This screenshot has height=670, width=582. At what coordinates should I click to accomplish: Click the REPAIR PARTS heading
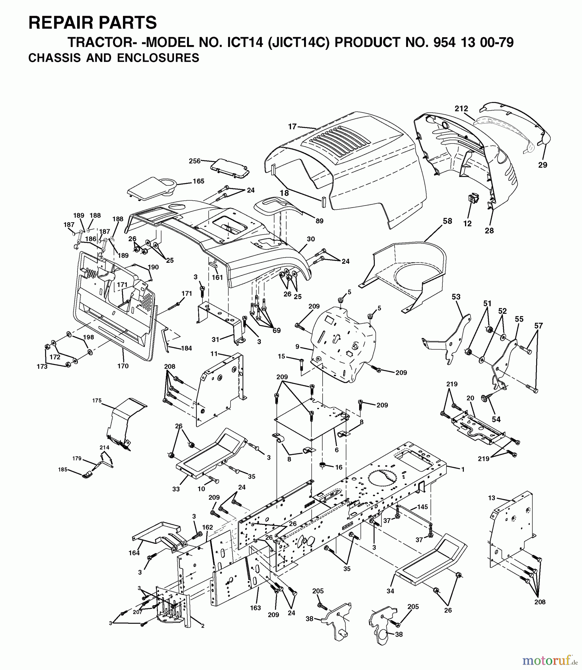coord(92,23)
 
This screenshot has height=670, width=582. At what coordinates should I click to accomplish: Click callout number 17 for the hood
coord(292,127)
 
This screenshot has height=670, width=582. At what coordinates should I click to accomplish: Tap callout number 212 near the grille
coord(461,108)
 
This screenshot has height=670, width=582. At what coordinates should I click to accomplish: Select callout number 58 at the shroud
coord(447,221)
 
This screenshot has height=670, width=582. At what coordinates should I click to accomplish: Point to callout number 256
coord(194,161)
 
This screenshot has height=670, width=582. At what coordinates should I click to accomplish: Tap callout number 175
coord(97,401)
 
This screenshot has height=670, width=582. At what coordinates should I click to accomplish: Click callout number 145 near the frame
coord(422,507)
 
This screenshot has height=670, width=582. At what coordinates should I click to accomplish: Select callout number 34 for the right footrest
coord(390,591)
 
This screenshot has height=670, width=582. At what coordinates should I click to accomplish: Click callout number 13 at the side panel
coord(491,498)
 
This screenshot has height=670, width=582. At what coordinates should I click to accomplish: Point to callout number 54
coord(496,419)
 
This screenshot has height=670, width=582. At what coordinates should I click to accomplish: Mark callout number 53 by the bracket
coord(456,297)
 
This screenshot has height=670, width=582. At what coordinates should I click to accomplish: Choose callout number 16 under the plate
coord(338,467)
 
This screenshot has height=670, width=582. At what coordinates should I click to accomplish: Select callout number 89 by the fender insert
coord(319,221)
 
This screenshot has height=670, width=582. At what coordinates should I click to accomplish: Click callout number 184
coord(186,348)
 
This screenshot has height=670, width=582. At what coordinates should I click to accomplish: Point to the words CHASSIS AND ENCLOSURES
coord(114,58)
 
